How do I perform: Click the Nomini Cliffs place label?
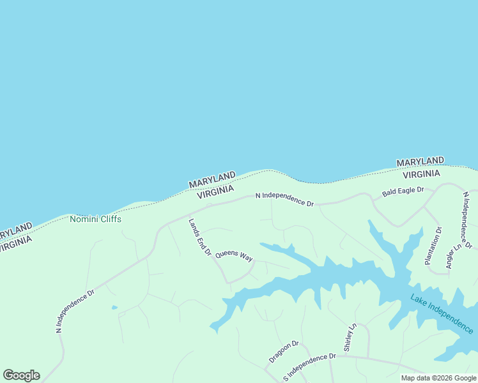pyautogui.click(x=95, y=219)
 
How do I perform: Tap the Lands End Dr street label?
pyautogui.click(x=200, y=237)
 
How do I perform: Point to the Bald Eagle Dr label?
pyautogui.click(x=403, y=191)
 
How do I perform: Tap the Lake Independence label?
pyautogui.click(x=442, y=314)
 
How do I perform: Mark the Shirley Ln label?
pyautogui.click(x=350, y=338)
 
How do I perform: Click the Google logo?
pyautogui.click(x=21, y=375)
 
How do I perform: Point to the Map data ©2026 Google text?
pyautogui.click(x=438, y=378)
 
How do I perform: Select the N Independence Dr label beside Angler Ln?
pyautogui.click(x=467, y=220)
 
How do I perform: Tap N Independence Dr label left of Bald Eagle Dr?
pyautogui.click(x=284, y=199)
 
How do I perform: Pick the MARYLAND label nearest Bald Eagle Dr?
pyautogui.click(x=420, y=162)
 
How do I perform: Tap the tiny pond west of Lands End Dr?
pyautogui.click(x=114, y=308)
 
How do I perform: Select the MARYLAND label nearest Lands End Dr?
pyautogui.click(x=212, y=179)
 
